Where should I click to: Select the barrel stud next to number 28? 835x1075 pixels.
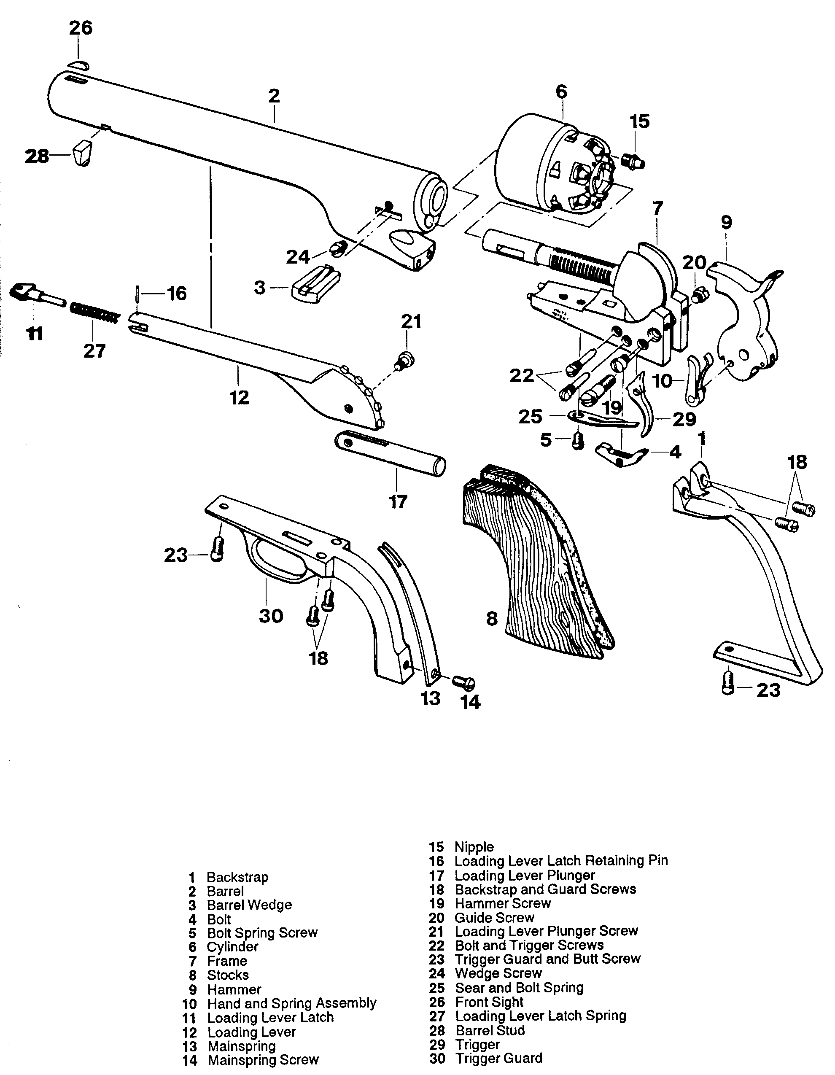[x=83, y=153]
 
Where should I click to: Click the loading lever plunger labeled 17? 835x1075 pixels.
[x=390, y=453]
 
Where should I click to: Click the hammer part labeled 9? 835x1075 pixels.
[x=744, y=325]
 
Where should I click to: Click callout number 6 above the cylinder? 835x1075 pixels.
[x=561, y=92]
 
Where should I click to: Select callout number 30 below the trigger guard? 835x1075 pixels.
[x=271, y=616]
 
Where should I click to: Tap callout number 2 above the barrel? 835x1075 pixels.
[x=274, y=95]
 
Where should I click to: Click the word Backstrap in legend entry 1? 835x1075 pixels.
[x=237, y=877]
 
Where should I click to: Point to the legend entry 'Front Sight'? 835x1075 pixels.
[x=489, y=1002]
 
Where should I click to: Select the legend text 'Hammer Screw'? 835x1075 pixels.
[x=502, y=903]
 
